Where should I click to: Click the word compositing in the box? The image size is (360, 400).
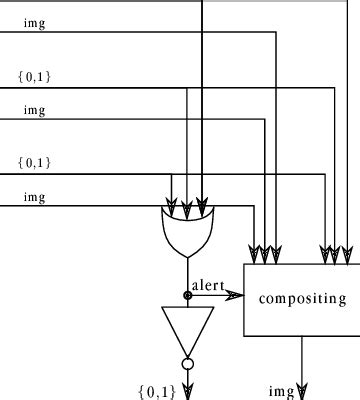[x=302, y=298]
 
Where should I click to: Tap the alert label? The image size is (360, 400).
[x=208, y=285]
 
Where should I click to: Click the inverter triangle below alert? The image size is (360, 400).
[x=187, y=328]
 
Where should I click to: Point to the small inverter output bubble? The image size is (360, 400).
[x=187, y=364]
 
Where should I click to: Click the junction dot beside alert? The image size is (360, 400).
[x=187, y=295]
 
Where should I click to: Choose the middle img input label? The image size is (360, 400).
[x=35, y=110]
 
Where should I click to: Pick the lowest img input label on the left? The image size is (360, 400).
[x=35, y=197]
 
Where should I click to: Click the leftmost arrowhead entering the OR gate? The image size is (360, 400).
[x=172, y=211]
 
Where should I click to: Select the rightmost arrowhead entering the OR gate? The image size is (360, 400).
[x=203, y=211]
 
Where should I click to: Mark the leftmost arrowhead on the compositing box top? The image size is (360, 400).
[x=256, y=250]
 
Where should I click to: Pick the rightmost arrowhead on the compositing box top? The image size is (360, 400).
[x=347, y=250]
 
